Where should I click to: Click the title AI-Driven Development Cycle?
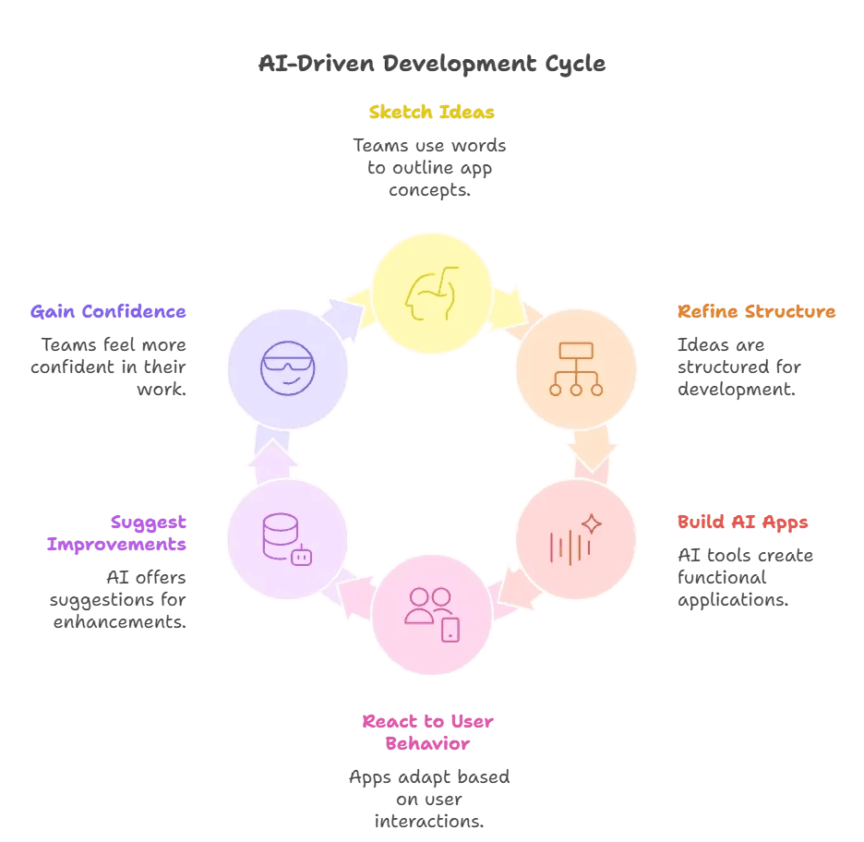pos(432,64)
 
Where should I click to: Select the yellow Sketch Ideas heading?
pos(431,113)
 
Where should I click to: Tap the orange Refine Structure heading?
pos(756,311)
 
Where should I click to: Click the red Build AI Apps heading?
pos(742,522)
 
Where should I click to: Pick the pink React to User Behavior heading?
pos(427,732)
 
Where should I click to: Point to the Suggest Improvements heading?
pos(117,533)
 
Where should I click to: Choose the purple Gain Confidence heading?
pos(108,311)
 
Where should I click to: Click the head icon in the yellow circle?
pos(432,293)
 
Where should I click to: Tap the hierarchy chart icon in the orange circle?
pos(576,368)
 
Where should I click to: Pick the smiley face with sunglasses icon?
pos(287,368)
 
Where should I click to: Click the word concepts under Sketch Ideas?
pos(429,190)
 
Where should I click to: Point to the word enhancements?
pos(119,622)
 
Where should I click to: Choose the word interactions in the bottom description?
pos(429,821)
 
